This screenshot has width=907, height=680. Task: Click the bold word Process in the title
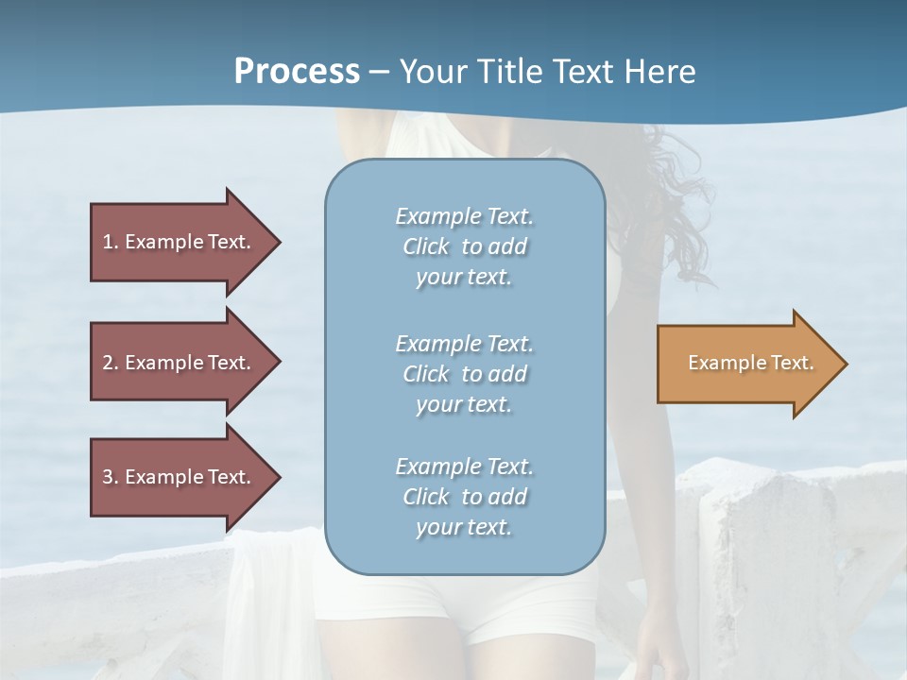click(x=297, y=72)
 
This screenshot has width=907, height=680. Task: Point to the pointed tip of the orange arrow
click(x=845, y=364)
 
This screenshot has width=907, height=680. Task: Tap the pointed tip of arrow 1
click(x=278, y=242)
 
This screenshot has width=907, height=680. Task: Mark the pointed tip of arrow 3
click(x=278, y=477)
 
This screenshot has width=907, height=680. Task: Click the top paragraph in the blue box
click(x=464, y=246)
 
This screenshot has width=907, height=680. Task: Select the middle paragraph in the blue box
click(x=464, y=374)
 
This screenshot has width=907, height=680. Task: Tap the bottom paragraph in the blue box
click(x=464, y=497)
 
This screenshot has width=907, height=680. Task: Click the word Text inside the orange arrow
click(x=793, y=363)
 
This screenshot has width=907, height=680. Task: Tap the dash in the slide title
click(x=380, y=72)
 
